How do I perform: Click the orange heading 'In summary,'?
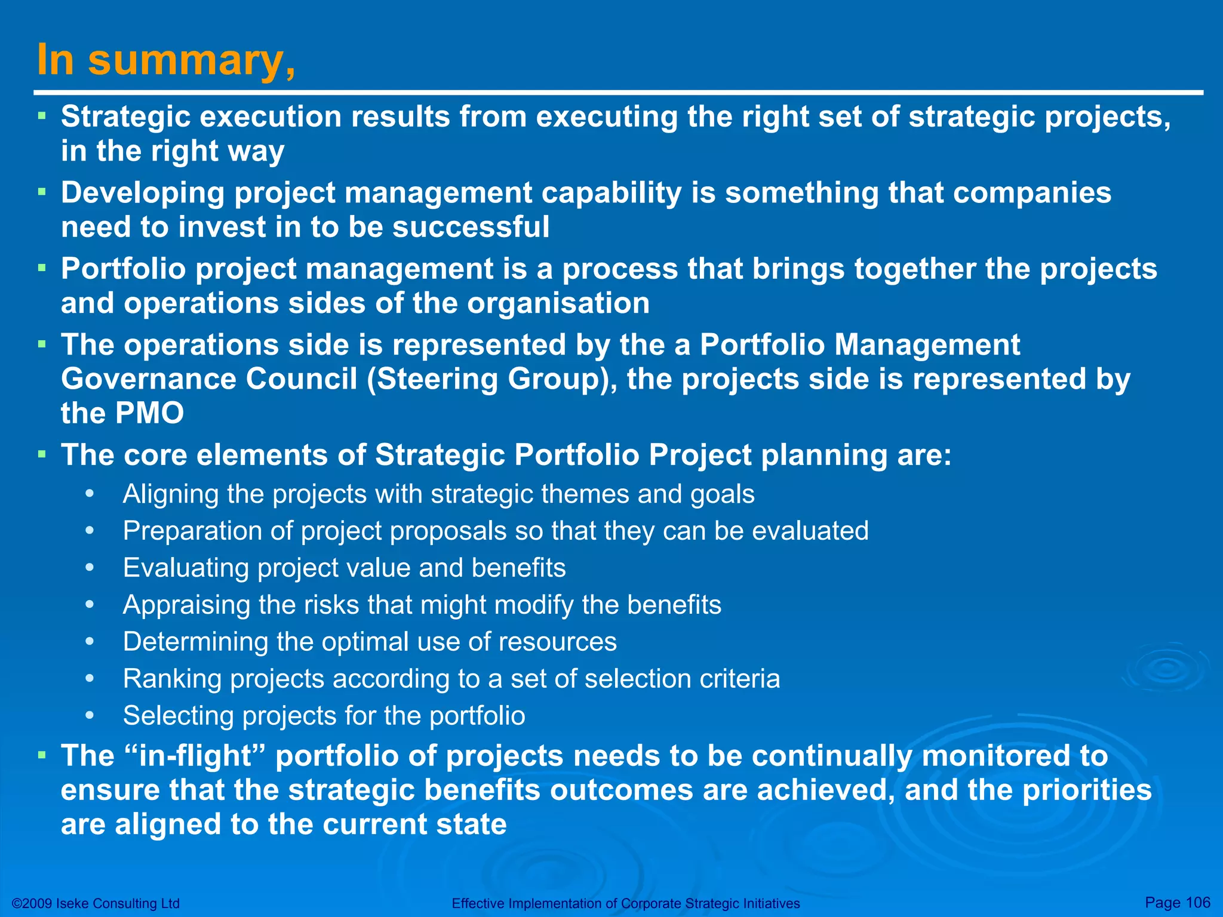(166, 60)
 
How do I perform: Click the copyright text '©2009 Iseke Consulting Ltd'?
(96, 903)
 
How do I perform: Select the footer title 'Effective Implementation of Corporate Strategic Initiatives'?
(625, 903)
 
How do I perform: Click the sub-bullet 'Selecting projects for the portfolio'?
(324, 716)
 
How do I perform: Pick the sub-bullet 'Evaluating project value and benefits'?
(344, 568)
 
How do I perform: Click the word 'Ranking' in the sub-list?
(172, 679)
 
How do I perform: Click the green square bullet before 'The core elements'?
(42, 454)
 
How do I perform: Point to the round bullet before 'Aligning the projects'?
(90, 494)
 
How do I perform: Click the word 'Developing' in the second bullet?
(142, 193)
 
